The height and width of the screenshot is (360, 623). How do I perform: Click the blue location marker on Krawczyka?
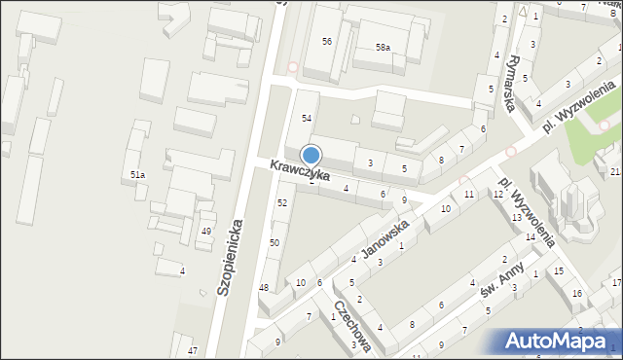click(311, 156)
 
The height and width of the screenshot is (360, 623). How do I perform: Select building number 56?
click(327, 41)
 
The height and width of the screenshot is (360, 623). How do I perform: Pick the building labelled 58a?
click(383, 47)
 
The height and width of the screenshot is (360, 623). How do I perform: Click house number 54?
click(306, 118)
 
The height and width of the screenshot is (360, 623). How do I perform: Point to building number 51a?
click(138, 175)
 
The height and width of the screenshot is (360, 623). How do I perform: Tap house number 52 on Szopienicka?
click(282, 202)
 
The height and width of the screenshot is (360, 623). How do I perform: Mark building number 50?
click(275, 242)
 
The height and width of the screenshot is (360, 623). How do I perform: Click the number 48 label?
click(264, 287)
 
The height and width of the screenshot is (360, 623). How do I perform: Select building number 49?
click(205, 232)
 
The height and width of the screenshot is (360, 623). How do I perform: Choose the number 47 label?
click(193, 350)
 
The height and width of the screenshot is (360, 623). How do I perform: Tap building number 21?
click(614, 172)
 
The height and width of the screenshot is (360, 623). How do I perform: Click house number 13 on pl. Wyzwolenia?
click(517, 218)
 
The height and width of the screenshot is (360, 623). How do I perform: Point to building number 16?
click(576, 293)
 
